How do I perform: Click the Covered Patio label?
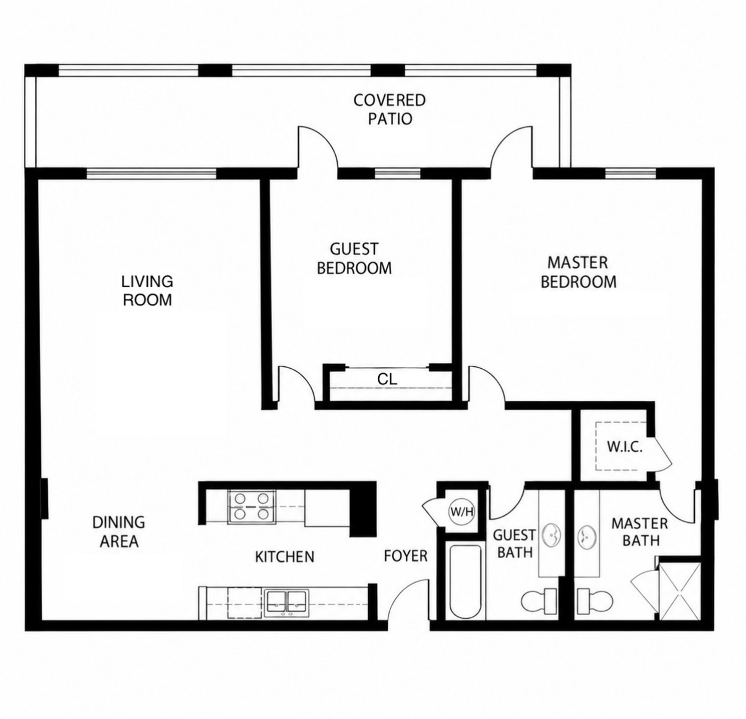390,110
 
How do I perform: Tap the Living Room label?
147,290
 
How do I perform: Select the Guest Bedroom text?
354,259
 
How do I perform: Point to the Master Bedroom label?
578,272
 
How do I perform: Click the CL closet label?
387,379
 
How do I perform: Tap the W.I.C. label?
625,447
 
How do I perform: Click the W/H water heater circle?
461,511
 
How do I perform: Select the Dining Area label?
119,532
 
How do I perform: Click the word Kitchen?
285,556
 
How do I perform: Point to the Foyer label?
406,556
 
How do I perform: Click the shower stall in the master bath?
680,590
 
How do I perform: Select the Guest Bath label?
513,543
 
